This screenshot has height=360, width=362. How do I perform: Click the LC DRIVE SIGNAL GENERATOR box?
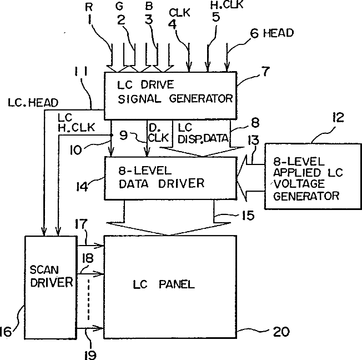coord(170,96)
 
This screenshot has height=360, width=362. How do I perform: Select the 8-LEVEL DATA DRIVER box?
coord(171,178)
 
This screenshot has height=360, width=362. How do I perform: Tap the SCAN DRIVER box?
coord(51,287)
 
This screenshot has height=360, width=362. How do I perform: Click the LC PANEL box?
coord(170,287)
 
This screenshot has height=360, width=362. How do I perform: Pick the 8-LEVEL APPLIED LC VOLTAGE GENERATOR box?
coord(313,177)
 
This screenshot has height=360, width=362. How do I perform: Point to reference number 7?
coord(265,72)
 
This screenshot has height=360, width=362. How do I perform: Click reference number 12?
coord(338,117)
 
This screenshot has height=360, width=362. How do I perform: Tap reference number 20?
coord(281,332)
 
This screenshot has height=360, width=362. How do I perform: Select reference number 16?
coord(6,332)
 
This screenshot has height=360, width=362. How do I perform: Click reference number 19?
coord(90,354)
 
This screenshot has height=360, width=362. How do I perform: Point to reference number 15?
coord(248,216)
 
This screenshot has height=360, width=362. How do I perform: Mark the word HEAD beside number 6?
coord(278,33)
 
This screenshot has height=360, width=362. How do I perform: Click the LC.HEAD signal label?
coord(33,103)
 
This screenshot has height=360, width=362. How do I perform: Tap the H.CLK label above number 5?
coord(227,4)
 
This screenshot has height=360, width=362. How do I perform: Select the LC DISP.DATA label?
coord(203,133)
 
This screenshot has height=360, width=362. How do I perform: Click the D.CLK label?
coord(158,133)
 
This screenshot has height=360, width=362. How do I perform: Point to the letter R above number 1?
coord(89,7)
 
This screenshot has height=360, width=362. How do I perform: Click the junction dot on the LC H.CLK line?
coord(111,135)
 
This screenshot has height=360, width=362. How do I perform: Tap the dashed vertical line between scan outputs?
coord(88,299)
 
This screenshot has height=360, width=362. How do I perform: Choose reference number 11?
coord(81,71)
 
